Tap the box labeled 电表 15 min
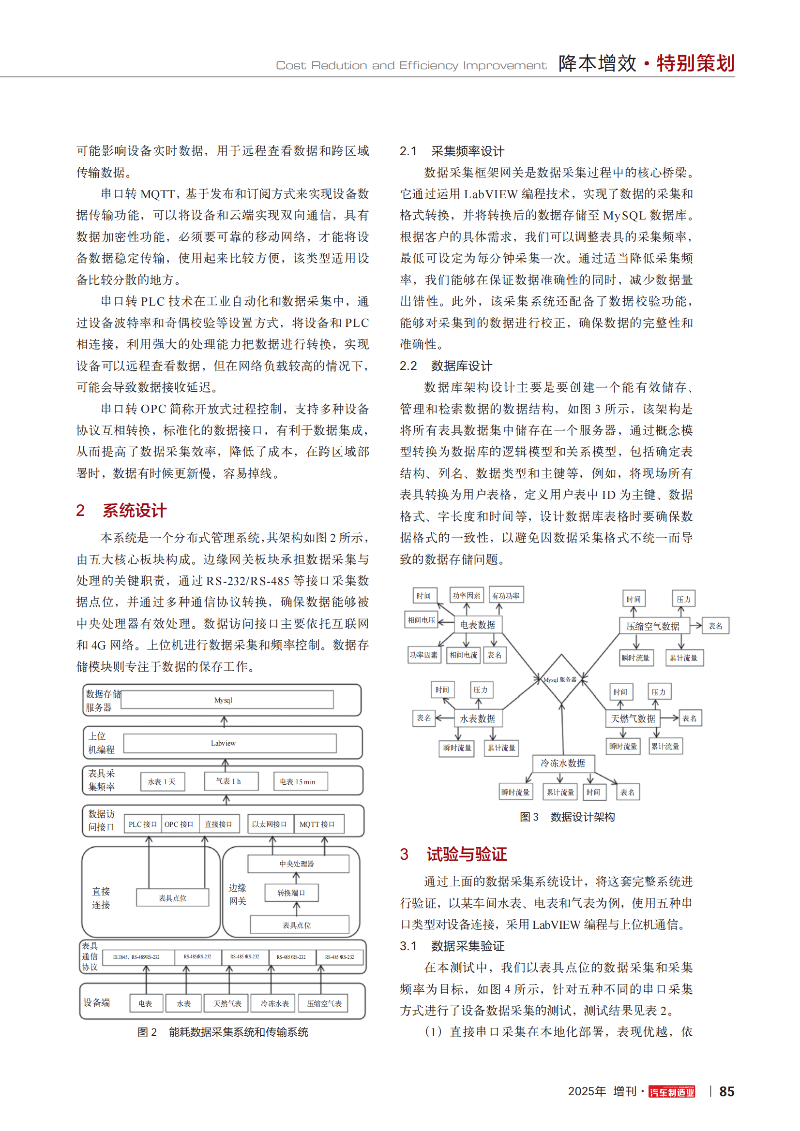click(297, 782)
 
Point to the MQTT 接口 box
click(317, 824)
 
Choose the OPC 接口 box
click(180, 824)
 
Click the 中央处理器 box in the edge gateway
click(298, 864)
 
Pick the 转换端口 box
click(291, 893)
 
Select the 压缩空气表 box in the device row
click(324, 1003)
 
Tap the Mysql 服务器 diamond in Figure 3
click(560, 679)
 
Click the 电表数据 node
click(477, 625)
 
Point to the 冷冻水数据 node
click(563, 763)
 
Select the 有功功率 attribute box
click(506, 596)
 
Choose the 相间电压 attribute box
click(422, 620)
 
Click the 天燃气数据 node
click(633, 719)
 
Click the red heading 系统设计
click(134, 510)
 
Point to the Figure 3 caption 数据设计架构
click(582, 817)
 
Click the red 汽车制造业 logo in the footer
click(671, 1092)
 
